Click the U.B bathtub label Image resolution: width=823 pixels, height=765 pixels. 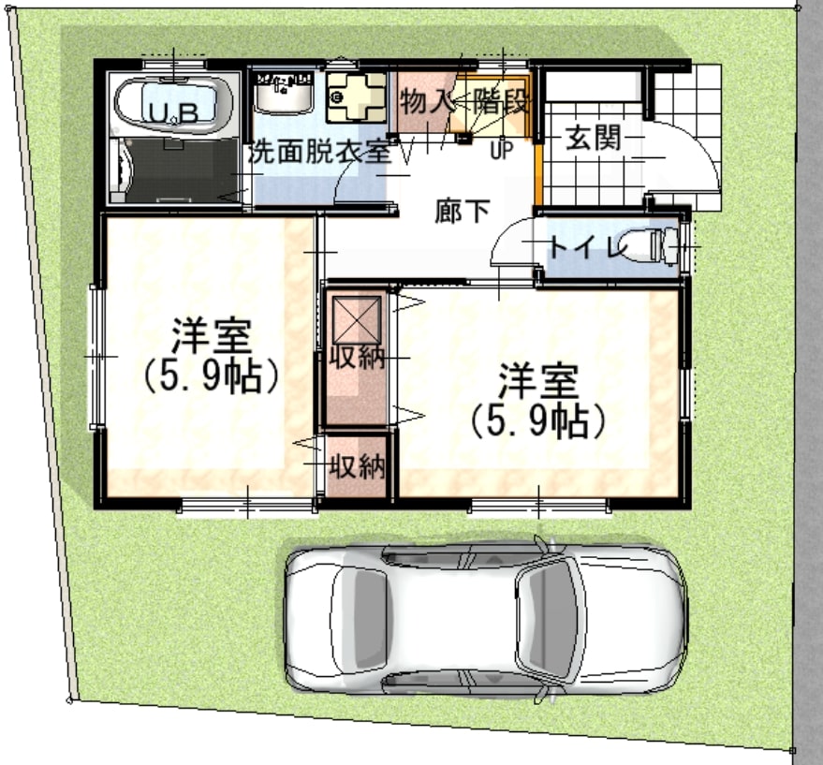pyautogui.click(x=174, y=112)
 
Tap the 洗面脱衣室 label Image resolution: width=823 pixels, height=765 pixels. pyautogui.click(x=319, y=152)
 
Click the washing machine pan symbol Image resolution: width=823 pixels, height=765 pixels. pyautogui.click(x=356, y=97)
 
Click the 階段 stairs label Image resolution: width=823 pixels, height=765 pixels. pyautogui.click(x=500, y=101)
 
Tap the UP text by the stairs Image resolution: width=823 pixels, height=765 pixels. pyautogui.click(x=501, y=151)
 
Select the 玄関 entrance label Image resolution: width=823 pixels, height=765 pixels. pyautogui.click(x=594, y=138)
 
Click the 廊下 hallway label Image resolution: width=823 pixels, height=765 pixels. pyautogui.click(x=463, y=211)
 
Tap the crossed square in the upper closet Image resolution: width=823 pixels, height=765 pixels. pyautogui.click(x=357, y=317)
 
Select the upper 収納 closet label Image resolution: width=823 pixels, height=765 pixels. pyautogui.click(x=357, y=359)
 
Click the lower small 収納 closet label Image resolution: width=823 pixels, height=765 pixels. pyautogui.click(x=358, y=466)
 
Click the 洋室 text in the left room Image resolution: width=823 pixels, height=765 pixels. pyautogui.click(x=212, y=335)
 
